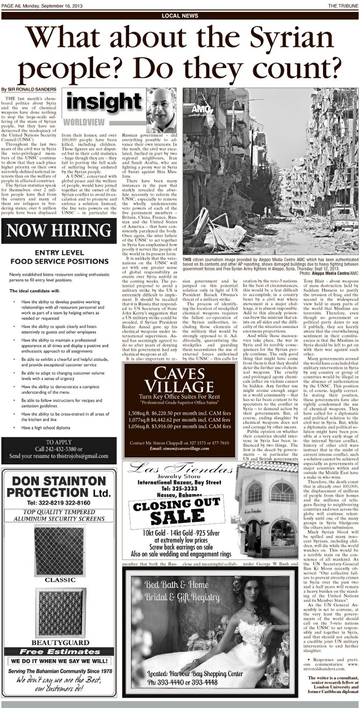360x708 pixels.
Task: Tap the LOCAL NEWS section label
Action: (x=179, y=16)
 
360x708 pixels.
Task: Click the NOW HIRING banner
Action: (x=58, y=232)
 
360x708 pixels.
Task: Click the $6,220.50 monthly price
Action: (x=164, y=413)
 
